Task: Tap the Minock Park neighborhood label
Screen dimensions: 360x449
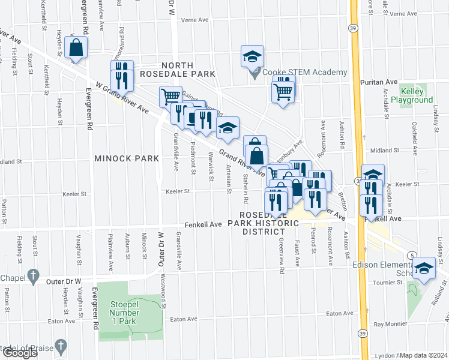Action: [126, 158]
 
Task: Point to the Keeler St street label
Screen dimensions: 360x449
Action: [178, 192]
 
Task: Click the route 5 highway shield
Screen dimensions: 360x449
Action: [411, 255]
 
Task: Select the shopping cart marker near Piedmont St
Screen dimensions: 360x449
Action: [170, 96]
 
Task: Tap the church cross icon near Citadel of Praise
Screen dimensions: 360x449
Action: [60, 345]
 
